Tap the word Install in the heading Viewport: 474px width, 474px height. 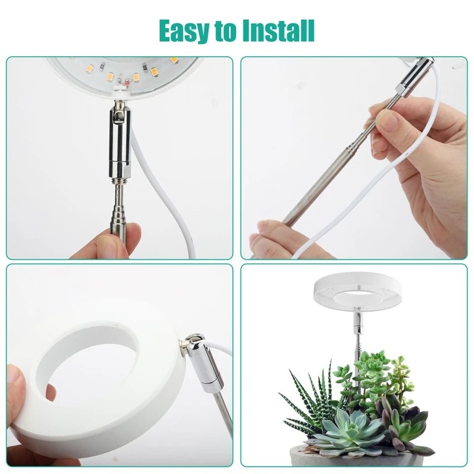click(278, 31)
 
